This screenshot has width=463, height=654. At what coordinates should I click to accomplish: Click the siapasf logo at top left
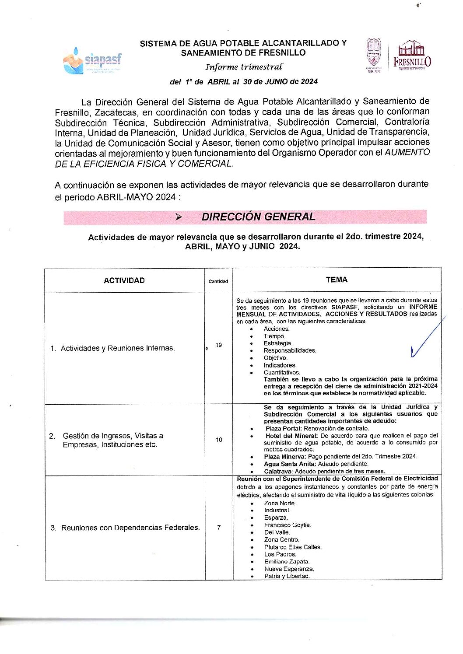click(x=92, y=61)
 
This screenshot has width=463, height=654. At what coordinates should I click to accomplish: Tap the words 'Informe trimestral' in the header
click(x=244, y=67)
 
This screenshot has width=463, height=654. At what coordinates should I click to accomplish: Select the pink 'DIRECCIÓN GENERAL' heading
click(x=258, y=217)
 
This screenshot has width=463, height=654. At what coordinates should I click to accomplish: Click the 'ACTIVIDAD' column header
click(x=124, y=280)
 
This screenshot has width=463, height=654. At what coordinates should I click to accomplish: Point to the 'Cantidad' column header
click(x=218, y=281)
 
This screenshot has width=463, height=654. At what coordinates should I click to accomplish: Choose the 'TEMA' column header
click(x=336, y=280)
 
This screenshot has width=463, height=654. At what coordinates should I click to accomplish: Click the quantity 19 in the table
click(x=218, y=345)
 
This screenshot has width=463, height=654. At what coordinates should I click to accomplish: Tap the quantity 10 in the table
click(x=219, y=440)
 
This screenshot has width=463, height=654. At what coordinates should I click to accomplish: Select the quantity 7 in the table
click(x=219, y=528)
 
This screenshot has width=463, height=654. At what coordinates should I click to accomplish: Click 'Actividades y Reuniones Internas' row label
click(x=117, y=348)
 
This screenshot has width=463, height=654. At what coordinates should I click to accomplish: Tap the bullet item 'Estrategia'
click(x=277, y=343)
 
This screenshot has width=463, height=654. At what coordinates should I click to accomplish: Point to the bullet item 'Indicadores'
click(x=280, y=365)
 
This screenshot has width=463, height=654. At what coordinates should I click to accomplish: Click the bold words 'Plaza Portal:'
click(x=284, y=428)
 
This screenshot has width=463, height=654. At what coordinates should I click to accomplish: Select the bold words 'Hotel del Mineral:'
click(x=291, y=435)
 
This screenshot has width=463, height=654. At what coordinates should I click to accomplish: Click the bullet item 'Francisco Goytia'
click(x=287, y=525)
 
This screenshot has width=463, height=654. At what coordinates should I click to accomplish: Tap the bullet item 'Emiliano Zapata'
click(x=286, y=561)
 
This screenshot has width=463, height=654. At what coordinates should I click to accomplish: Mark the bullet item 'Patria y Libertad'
click(x=287, y=576)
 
